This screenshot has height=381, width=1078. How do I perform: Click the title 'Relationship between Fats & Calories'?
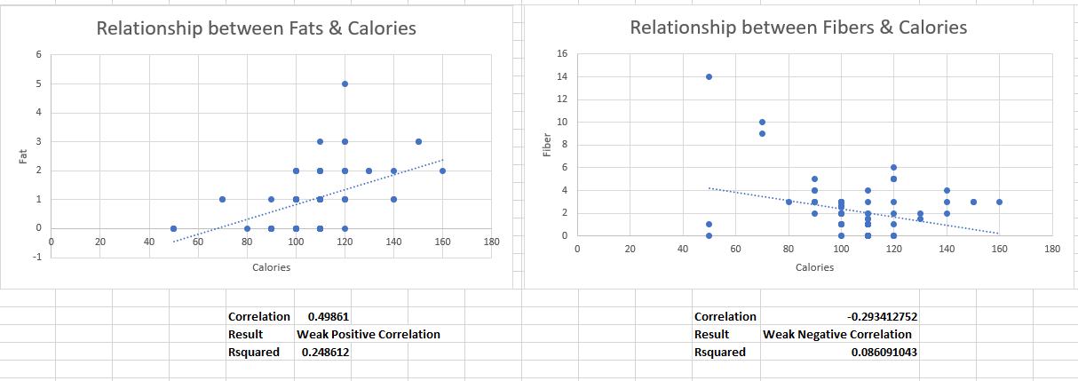pos(256,28)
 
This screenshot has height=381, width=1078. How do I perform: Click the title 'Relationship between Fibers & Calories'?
pos(797,28)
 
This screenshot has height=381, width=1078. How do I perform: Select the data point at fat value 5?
pos(345,83)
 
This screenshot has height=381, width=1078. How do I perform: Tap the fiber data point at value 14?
pos(709,76)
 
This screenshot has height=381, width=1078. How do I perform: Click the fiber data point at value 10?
pos(762,122)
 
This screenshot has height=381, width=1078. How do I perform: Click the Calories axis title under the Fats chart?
pos(271,267)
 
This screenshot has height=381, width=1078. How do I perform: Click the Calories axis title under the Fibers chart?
pos(813,267)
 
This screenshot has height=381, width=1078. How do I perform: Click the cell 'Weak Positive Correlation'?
pos(368,335)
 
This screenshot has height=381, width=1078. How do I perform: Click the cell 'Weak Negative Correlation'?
pos(836,335)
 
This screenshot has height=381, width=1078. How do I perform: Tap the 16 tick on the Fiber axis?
pos(561,54)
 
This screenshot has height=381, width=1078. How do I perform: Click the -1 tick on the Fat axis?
pos(38,257)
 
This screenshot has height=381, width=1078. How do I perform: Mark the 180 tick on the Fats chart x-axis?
pos(491,242)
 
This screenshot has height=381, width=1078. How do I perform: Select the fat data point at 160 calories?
pos(442,171)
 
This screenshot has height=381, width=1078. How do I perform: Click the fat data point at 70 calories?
pos(222,199)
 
